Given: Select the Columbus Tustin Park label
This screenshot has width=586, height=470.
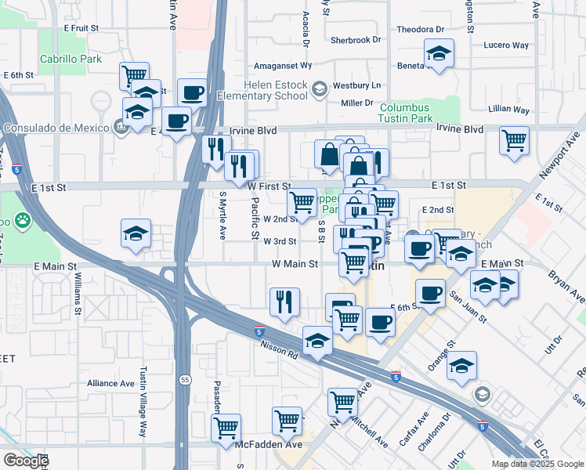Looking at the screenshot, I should tap(406, 113).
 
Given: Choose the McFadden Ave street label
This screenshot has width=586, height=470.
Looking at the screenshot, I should tap(269, 444).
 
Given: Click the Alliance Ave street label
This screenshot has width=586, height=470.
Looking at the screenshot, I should tap(110, 383).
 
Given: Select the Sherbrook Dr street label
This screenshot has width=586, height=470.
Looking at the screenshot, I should tap(355, 39).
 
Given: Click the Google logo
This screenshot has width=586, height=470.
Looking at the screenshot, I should tap(26, 461).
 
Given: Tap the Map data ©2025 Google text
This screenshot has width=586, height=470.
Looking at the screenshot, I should tap(537, 464).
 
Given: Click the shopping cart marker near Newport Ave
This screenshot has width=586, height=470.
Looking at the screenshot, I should tap(514, 141).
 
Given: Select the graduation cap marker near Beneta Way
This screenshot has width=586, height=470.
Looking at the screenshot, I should tap(439, 54).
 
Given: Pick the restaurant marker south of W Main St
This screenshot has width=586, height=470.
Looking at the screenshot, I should tap(284, 302).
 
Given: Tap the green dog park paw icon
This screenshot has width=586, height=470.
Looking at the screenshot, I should tap(23, 222).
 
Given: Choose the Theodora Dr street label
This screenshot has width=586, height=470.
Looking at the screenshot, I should tap(420, 30).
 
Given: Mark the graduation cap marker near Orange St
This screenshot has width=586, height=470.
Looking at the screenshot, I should tap(462, 365).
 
